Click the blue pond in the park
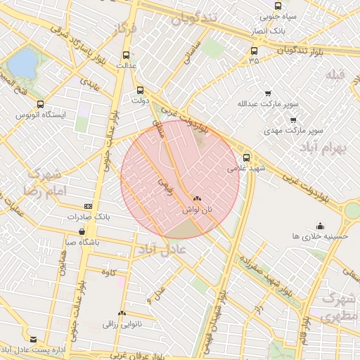pyautogui.click(x=22, y=63)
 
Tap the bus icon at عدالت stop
pyautogui.click(x=126, y=55)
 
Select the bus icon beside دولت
pyautogui.click(x=140, y=90)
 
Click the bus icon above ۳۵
pyautogui.click(x=254, y=51)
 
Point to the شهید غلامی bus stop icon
pyautogui.click(x=245, y=157)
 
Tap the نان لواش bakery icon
pyautogui.click(x=197, y=200)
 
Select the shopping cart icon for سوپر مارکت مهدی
pyautogui.click(x=293, y=120)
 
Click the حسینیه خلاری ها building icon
pyautogui.click(x=321, y=226)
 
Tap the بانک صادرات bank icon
pyautogui.click(x=88, y=206)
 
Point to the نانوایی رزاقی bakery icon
pyautogui.click(x=122, y=313)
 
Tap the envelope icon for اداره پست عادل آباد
pyautogui.click(x=33, y=339)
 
